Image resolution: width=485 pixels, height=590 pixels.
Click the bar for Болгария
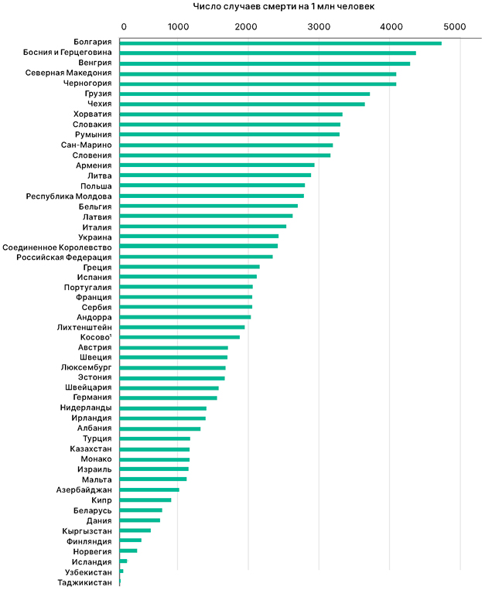pos(281,43)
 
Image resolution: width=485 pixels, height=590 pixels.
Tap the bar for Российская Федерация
pos(196,257)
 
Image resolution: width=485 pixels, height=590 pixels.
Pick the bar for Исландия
pos(124,561)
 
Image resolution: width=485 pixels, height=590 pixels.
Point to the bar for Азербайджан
pos(150,489)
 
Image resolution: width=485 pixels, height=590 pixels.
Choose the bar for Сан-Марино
pos(227,145)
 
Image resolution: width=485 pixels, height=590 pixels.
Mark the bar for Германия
pos(169,397)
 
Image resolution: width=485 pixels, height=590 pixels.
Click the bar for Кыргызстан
pos(135,530)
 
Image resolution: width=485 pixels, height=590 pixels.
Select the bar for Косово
pos(180,337)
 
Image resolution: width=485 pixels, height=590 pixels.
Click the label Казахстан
pos(91,449)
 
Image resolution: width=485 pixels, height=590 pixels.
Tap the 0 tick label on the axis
pos(123,27)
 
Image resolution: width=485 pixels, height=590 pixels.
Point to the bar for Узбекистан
pos(121,571)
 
